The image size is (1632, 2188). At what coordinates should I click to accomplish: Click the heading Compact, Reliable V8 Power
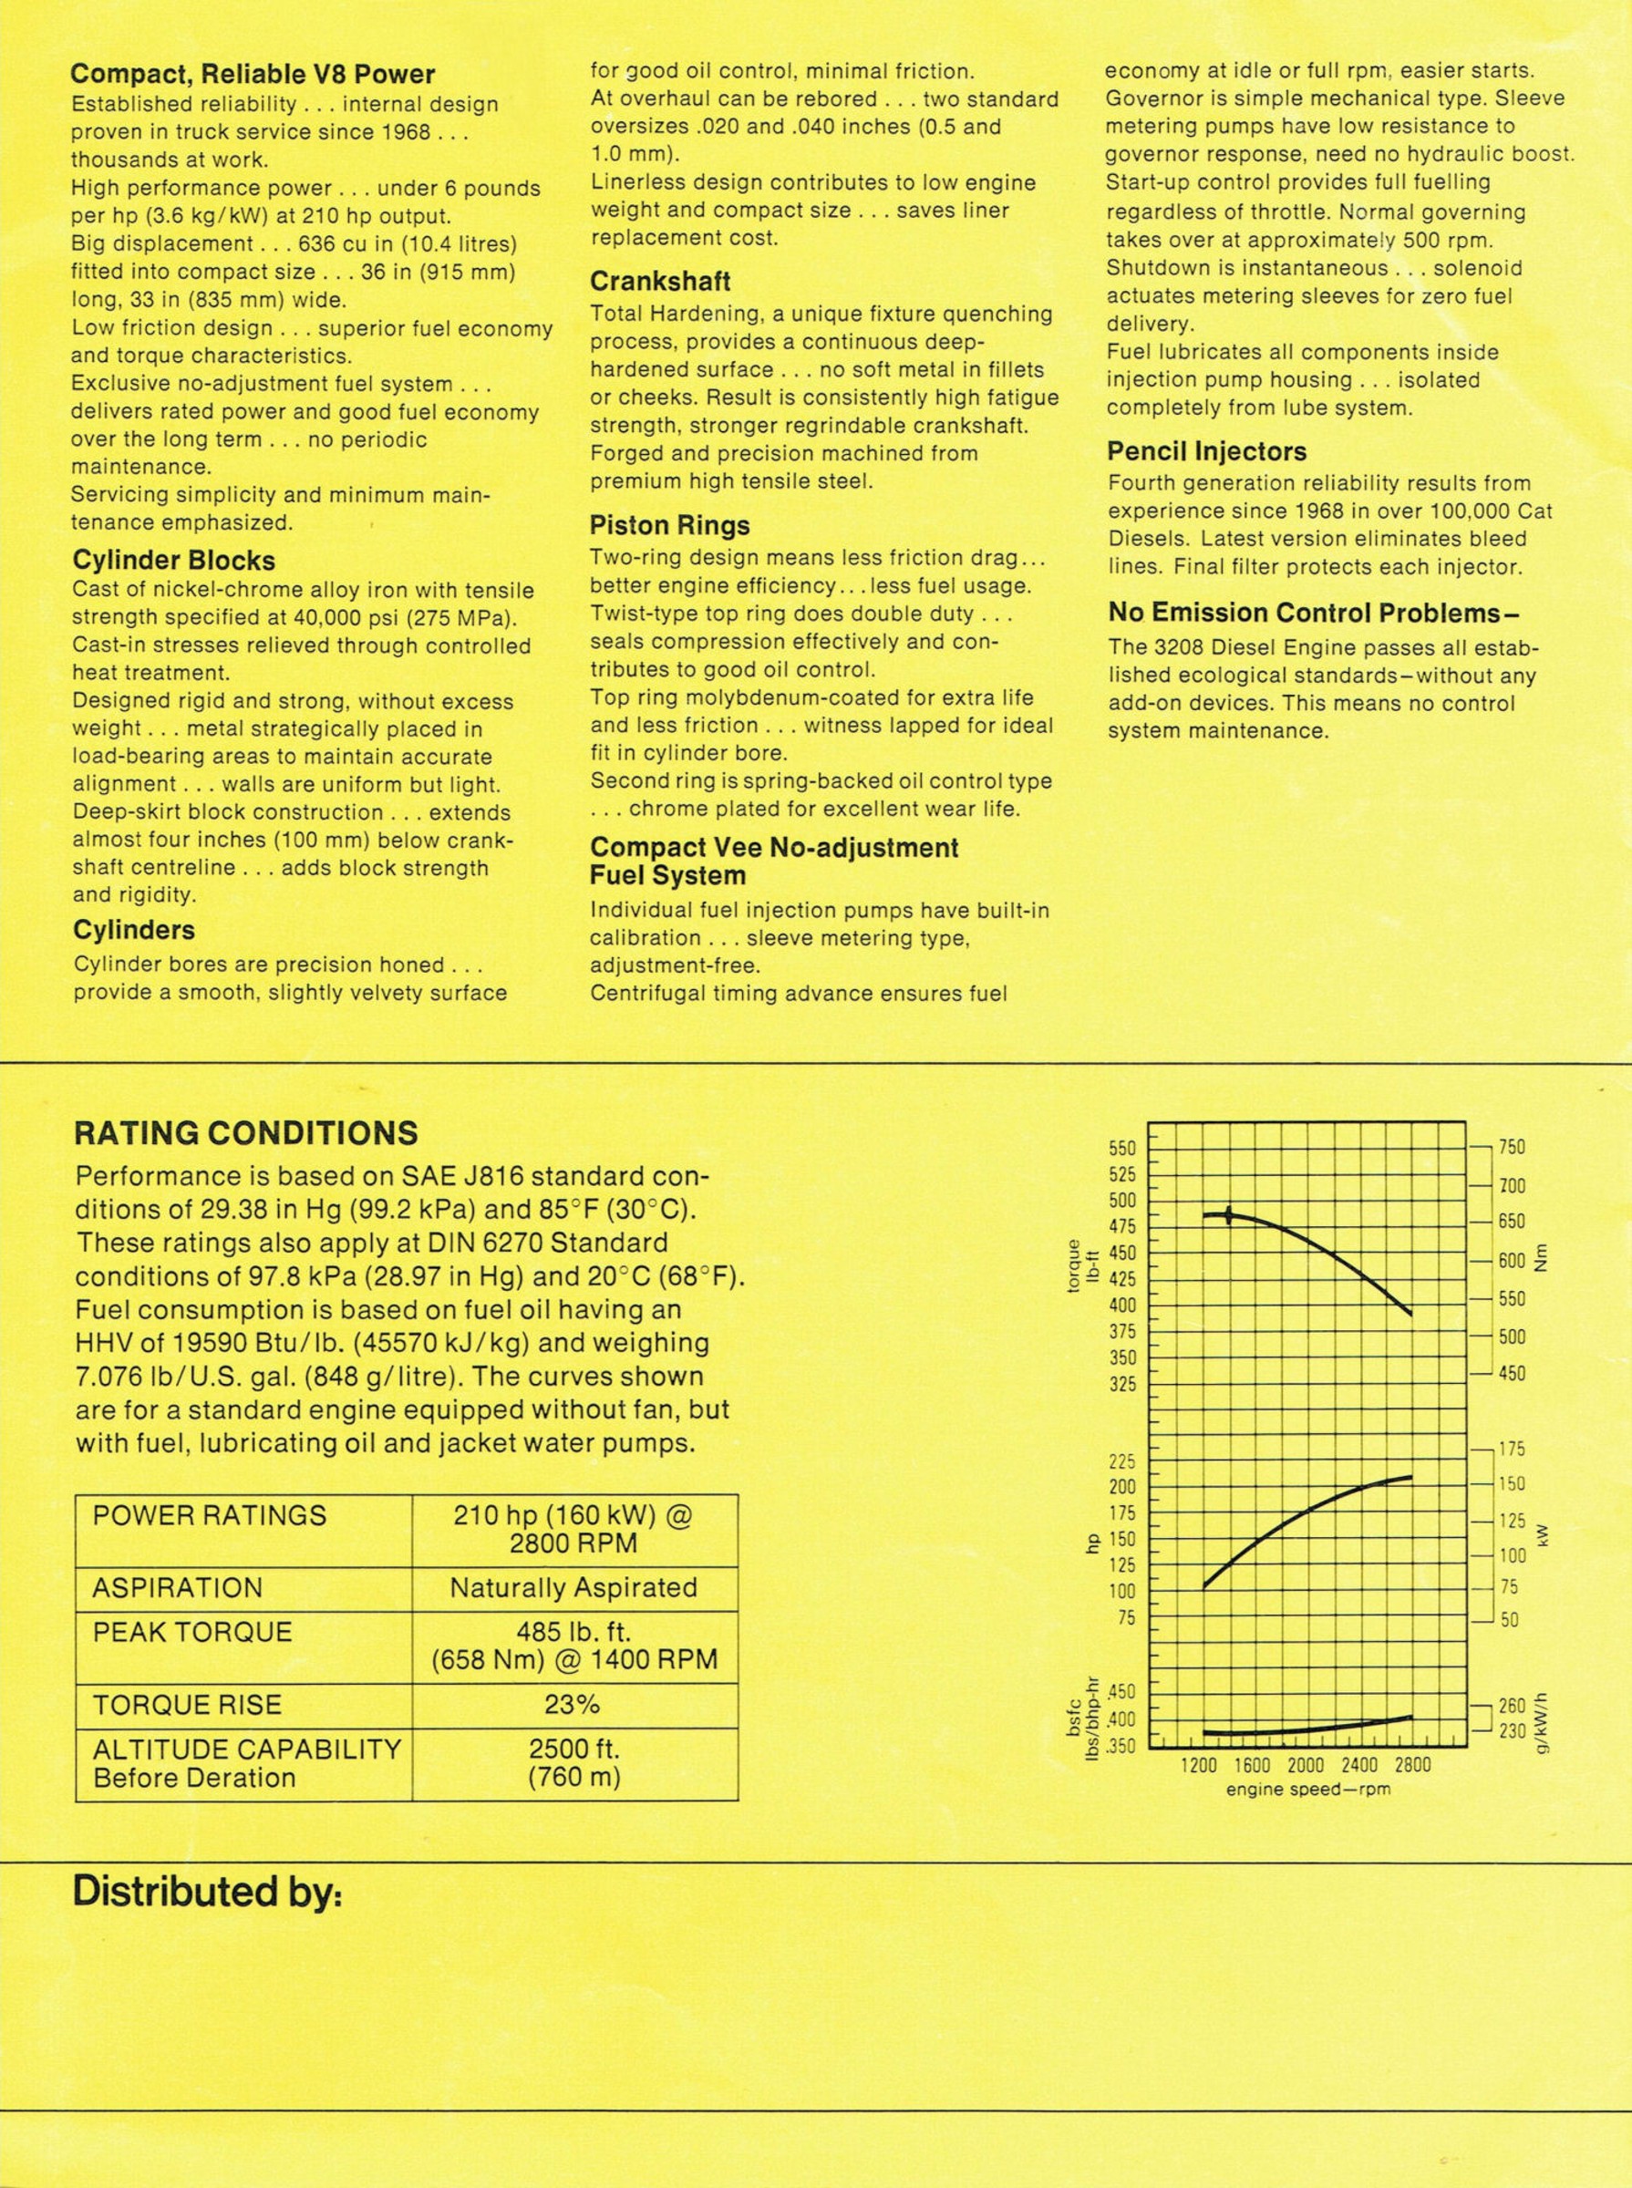pyautogui.click(x=253, y=73)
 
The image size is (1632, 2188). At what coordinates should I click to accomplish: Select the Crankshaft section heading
pyautogui.click(x=660, y=282)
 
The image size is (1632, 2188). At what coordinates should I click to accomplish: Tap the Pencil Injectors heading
pyautogui.click(x=1205, y=451)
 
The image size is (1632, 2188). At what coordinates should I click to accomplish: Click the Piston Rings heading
pyautogui.click(x=669, y=525)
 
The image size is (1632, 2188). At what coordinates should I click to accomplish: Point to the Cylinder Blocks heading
pyautogui.click(x=174, y=560)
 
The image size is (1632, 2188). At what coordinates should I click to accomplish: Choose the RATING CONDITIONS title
pyautogui.click(x=246, y=1132)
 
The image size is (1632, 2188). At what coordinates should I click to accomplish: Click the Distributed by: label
pyautogui.click(x=208, y=1893)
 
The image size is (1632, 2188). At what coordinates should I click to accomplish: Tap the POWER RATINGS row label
pyautogui.click(x=210, y=1516)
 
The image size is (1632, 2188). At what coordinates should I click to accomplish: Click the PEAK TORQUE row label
pyautogui.click(x=192, y=1632)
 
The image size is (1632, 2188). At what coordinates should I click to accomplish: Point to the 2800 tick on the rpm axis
pyautogui.click(x=1410, y=1765)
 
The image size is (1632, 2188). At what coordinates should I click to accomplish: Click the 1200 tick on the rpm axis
pyautogui.click(x=1199, y=1765)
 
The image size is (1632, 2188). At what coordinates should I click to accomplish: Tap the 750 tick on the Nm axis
pyautogui.click(x=1512, y=1147)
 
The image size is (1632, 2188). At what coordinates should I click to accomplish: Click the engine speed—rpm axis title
pyautogui.click(x=1308, y=1790)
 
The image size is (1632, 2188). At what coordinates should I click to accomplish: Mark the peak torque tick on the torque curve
pyautogui.click(x=1228, y=1215)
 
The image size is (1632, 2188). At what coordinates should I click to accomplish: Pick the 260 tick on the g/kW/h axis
pyautogui.click(x=1512, y=1706)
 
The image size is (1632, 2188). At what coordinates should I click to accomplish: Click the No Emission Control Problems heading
pyautogui.click(x=1312, y=613)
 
